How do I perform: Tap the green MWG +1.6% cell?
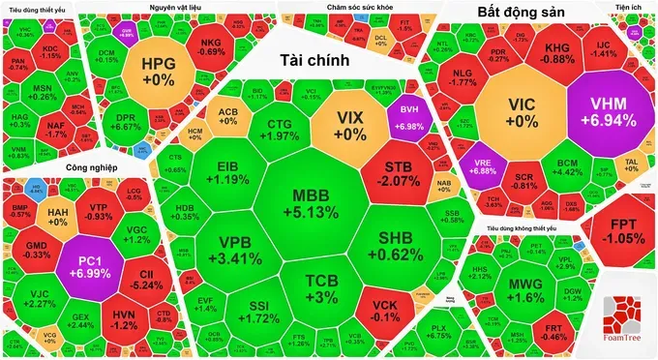coord(524,289)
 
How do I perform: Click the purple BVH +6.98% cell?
coord(406,119)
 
